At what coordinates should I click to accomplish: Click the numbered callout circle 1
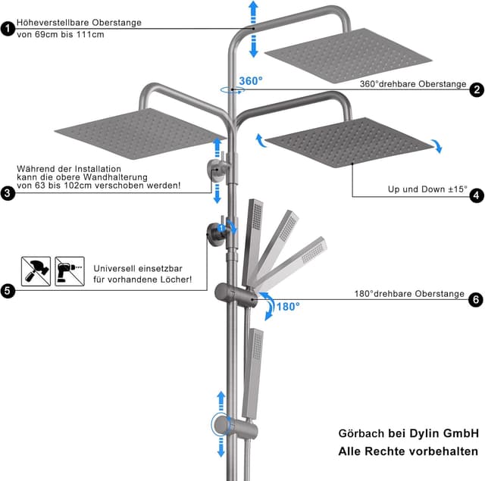tap(8, 29)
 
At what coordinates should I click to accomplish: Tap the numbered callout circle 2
tap(477, 89)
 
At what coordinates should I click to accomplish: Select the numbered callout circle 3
tap(8, 193)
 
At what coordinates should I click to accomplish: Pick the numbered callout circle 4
tap(477, 195)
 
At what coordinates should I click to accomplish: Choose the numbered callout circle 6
tap(477, 300)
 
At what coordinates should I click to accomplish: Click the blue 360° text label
tap(250, 81)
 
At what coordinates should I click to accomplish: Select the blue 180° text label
tap(287, 307)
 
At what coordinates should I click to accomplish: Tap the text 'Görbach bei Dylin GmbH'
tap(408, 433)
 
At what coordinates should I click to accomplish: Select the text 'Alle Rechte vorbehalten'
tap(408, 452)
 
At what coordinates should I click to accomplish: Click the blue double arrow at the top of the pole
tap(253, 28)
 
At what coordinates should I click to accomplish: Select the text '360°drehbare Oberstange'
tap(412, 84)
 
